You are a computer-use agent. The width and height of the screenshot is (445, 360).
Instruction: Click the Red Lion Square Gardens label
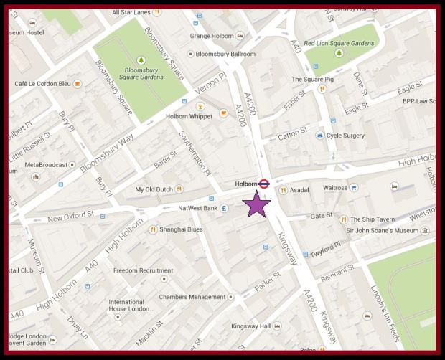339,44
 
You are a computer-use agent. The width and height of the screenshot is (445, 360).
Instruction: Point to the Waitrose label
335,188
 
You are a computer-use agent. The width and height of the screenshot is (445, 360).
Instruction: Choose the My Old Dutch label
154,189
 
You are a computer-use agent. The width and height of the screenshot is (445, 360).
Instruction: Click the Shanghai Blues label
181,229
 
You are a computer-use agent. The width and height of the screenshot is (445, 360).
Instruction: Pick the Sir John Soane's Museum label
381,230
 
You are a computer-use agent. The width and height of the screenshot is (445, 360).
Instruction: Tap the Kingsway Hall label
250,326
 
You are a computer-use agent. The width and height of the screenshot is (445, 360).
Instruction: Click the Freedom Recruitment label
142,270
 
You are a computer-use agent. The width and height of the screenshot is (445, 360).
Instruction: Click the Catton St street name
291,134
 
